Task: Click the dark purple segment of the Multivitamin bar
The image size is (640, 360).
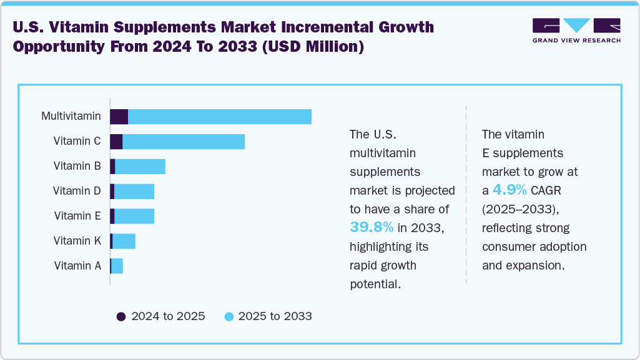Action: click(119, 117)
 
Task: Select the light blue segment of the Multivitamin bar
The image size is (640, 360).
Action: click(219, 117)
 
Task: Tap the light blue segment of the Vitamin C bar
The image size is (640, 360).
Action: click(183, 142)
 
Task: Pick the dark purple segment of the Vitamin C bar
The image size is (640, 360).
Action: click(116, 142)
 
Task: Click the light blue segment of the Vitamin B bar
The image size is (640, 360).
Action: click(140, 167)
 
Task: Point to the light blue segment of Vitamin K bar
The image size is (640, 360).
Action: click(124, 241)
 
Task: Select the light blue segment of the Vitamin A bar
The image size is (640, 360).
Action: click(117, 266)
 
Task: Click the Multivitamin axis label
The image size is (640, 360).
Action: click(71, 116)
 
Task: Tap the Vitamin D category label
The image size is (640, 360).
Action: click(77, 191)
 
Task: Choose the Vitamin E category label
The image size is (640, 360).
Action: click(77, 216)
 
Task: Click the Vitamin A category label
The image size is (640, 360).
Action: click(77, 266)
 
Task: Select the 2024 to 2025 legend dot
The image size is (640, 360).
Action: click(122, 316)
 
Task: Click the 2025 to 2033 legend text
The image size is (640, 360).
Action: click(275, 316)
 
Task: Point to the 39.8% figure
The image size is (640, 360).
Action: click(372, 227)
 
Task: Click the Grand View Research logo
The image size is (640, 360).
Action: click(576, 30)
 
